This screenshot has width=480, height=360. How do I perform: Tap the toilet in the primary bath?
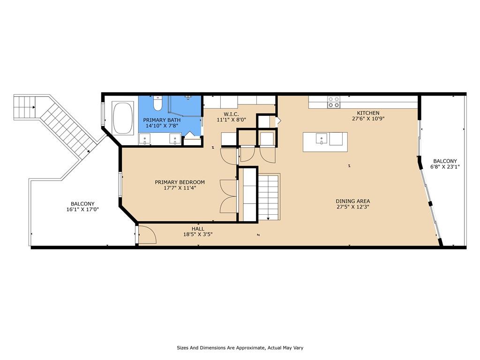pos(158,104)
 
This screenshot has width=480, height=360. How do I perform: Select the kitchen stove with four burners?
pos(333,102)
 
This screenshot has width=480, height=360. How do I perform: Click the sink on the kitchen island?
pos(321,138)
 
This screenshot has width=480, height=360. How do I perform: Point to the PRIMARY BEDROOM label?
pos(180,182)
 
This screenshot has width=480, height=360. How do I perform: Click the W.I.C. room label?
pos(231,114)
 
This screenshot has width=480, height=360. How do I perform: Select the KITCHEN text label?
pos(368,113)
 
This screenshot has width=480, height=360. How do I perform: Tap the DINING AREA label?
pos(352,201)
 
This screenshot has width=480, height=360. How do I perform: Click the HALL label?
pos(198,229)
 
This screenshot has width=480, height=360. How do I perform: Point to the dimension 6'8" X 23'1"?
pos(445,167)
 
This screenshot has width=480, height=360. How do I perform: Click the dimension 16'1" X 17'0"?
pos(82,210)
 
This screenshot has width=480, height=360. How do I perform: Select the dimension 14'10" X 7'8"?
pos(162,126)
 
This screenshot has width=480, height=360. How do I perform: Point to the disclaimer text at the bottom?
pos(240,348)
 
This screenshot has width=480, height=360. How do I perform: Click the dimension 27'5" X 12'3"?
pos(352,207)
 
